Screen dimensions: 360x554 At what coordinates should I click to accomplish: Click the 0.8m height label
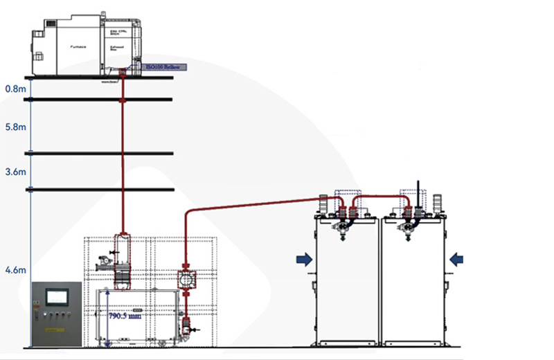click(15, 89)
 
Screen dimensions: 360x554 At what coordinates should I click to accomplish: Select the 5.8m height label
click(15, 127)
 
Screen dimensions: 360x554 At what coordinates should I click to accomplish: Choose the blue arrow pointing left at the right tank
click(456, 259)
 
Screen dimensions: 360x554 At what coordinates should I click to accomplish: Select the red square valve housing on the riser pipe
click(187, 279)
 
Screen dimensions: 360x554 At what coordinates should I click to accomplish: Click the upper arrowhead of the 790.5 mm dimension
click(107, 294)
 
